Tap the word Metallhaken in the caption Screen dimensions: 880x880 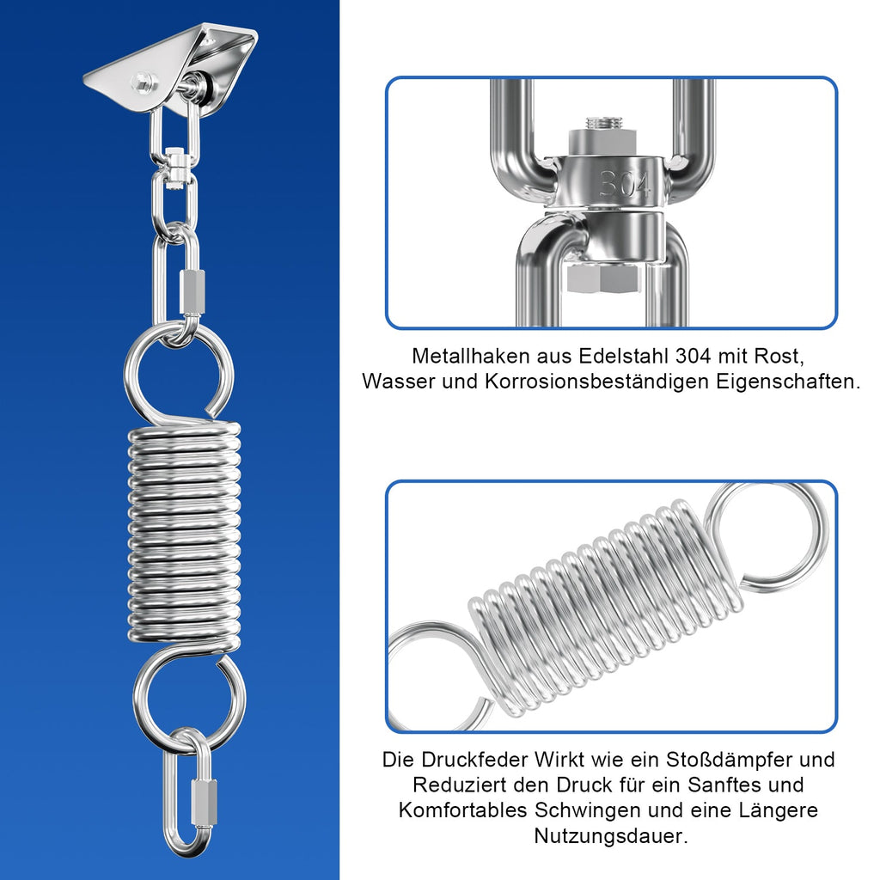point(467,355)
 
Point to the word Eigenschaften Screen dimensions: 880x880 point(788,381)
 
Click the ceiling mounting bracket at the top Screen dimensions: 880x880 point(172,64)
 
